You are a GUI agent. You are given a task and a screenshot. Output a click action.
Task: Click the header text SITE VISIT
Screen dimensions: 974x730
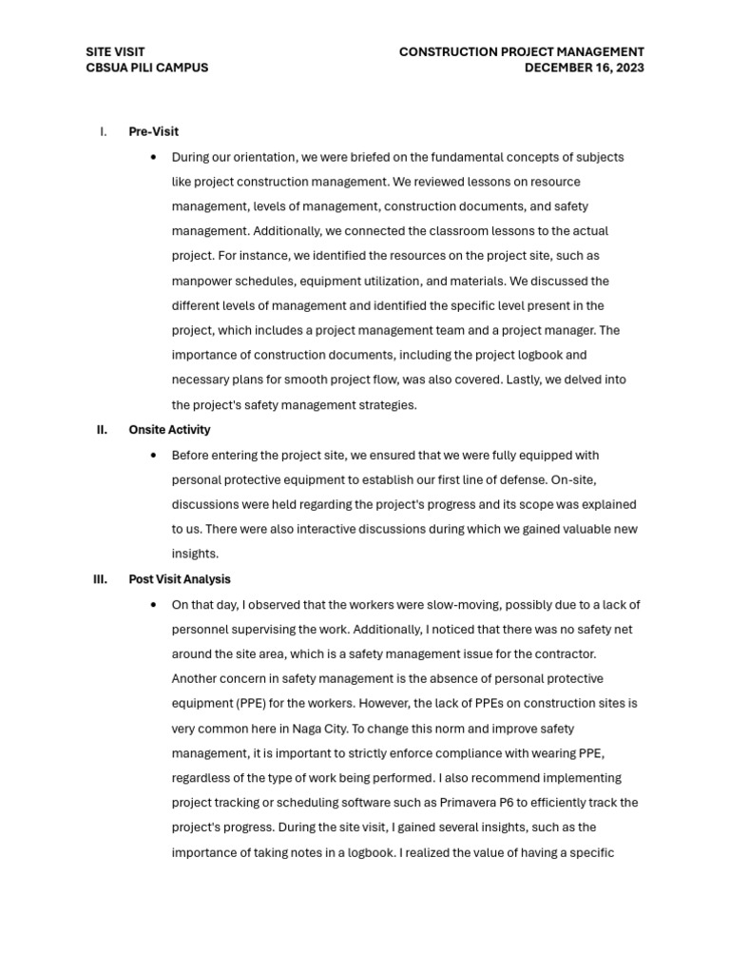[x=115, y=52]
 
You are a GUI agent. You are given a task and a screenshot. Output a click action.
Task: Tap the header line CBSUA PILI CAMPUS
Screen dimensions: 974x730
[x=146, y=68]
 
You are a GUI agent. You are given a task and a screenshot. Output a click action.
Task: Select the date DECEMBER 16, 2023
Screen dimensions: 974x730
[x=584, y=68]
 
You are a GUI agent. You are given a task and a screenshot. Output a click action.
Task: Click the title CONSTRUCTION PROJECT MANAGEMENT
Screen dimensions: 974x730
[x=521, y=52]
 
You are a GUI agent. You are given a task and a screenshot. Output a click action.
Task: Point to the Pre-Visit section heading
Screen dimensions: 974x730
[x=153, y=131]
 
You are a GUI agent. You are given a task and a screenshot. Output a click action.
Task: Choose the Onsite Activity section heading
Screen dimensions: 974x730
[x=169, y=430]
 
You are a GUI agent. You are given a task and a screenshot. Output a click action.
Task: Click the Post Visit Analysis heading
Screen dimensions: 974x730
[x=179, y=578]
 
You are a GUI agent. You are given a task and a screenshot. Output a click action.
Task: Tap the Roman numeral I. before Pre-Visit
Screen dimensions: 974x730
[x=103, y=131]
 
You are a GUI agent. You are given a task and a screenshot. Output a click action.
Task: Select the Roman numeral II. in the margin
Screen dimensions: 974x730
[x=102, y=430]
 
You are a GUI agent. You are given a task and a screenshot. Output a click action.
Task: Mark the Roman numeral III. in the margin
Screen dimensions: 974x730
[x=101, y=578]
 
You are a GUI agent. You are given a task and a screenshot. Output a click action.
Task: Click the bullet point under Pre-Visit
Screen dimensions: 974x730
[x=153, y=157]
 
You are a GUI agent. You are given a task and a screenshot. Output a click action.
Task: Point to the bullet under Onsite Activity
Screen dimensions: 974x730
[x=153, y=456]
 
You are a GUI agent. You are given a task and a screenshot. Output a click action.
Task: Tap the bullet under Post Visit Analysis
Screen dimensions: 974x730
[x=153, y=605]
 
